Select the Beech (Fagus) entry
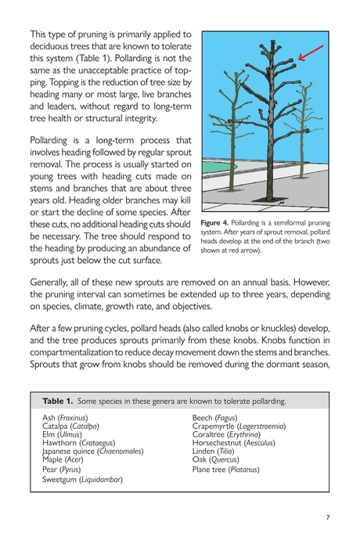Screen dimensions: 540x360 [x=215, y=419]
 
